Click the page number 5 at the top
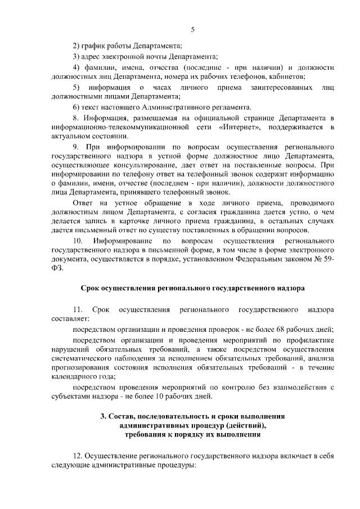[193, 30]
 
